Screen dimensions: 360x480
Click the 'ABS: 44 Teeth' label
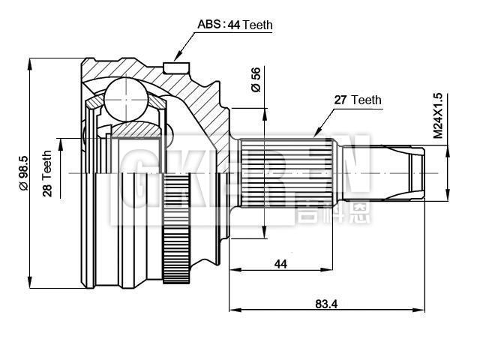pos(235,25)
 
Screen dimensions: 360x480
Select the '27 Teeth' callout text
pos(357,100)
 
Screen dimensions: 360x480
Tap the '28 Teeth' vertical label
pos(46,173)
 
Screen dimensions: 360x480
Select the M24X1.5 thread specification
pos(438,117)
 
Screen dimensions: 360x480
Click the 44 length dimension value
pos(280,264)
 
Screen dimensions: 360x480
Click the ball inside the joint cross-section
pos(124,97)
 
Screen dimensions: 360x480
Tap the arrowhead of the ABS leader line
pos(178,55)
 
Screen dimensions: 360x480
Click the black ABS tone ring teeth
pos(177,229)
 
